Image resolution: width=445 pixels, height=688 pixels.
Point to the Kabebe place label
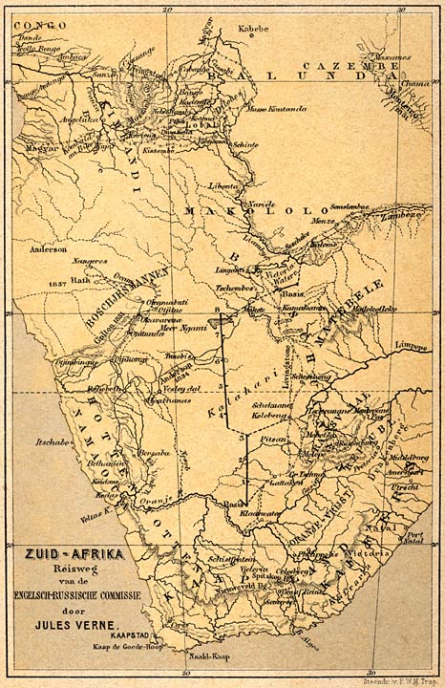tap(254, 30)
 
